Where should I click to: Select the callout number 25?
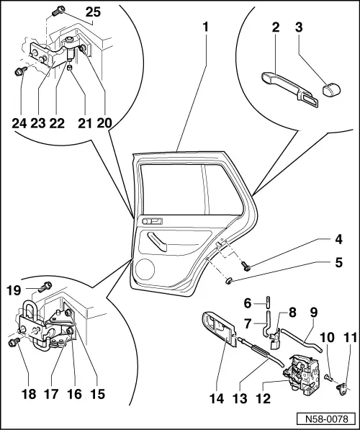(x=94, y=13)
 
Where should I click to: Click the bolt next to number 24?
(x=20, y=71)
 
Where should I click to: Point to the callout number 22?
(x=55, y=122)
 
